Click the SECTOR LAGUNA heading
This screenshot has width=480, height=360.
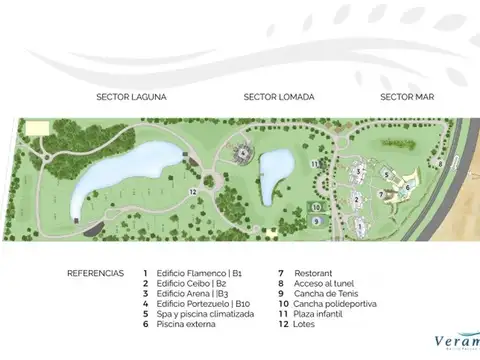pyautogui.click(x=130, y=97)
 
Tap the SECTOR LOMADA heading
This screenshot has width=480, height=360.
pyautogui.click(x=279, y=97)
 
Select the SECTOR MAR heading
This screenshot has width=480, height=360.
pyautogui.click(x=406, y=97)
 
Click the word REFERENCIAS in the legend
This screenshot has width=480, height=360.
pyautogui.click(x=95, y=272)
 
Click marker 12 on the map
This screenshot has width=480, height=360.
pyautogui.click(x=193, y=190)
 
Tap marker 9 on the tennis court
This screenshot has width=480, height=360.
pyautogui.click(x=315, y=220)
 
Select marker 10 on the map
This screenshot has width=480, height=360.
pyautogui.click(x=314, y=207)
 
